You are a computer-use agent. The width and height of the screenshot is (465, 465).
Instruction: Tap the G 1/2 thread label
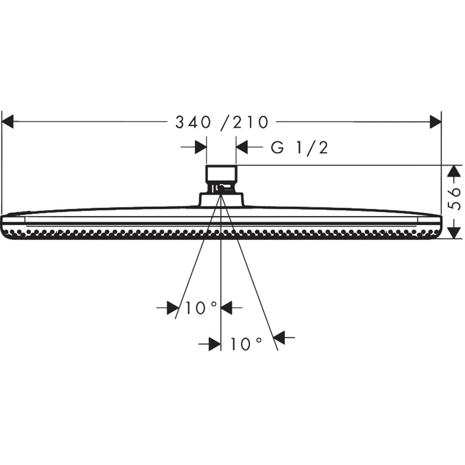(x=300, y=148)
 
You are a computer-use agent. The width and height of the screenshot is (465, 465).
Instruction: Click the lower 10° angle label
(x=246, y=344)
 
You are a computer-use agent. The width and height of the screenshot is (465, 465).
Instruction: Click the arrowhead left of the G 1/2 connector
(x=200, y=148)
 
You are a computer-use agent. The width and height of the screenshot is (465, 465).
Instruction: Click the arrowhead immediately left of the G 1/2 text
(x=242, y=148)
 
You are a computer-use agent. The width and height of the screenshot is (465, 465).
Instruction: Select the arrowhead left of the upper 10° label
(x=173, y=307)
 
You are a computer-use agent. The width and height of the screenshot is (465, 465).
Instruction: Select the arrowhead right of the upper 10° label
(x=226, y=307)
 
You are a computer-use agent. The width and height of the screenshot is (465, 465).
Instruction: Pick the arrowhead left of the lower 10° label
(x=214, y=344)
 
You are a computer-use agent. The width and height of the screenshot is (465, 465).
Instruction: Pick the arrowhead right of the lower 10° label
(x=279, y=338)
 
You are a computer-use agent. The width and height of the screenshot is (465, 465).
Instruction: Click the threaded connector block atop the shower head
(x=221, y=174)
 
